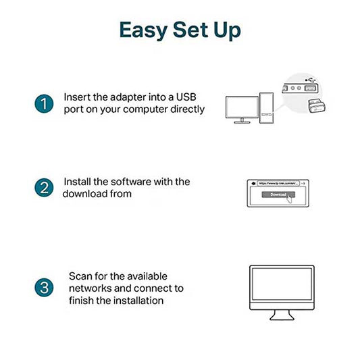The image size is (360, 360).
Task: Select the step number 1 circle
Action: (43, 104)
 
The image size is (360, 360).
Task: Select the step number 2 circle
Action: (43, 188)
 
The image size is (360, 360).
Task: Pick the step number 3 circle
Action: (43, 288)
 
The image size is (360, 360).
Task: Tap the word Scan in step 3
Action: (80, 276)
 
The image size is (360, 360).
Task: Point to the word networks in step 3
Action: (90, 288)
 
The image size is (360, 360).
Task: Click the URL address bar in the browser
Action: (277, 183)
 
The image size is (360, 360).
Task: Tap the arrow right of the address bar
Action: (303, 183)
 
